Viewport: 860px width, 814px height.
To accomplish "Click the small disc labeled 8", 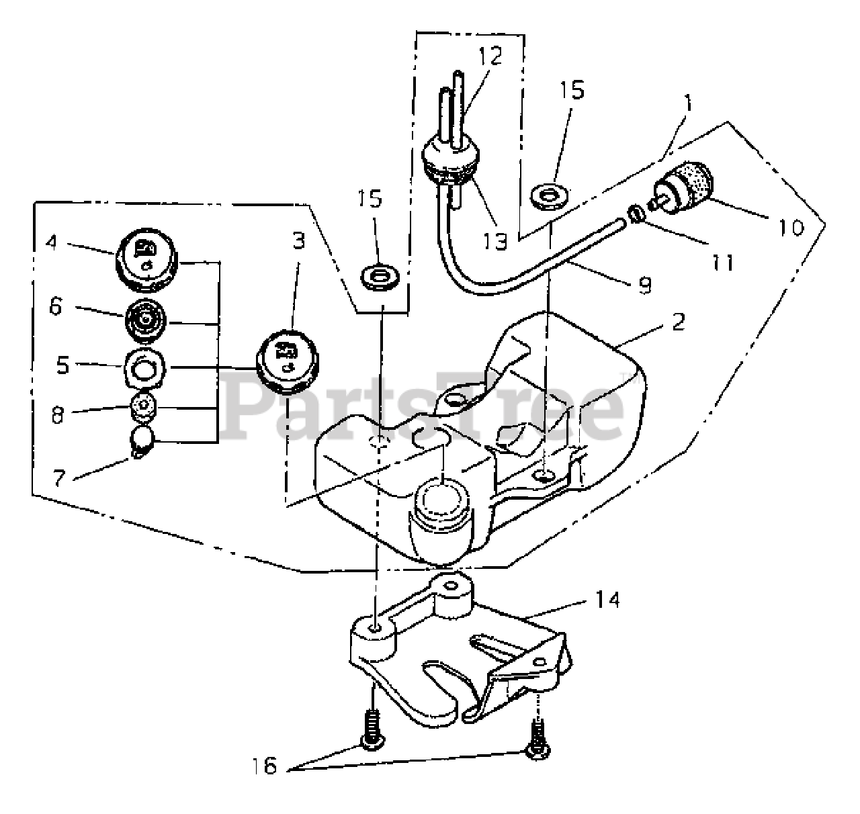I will [144, 408].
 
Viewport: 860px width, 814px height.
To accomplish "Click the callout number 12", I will [491, 56].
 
